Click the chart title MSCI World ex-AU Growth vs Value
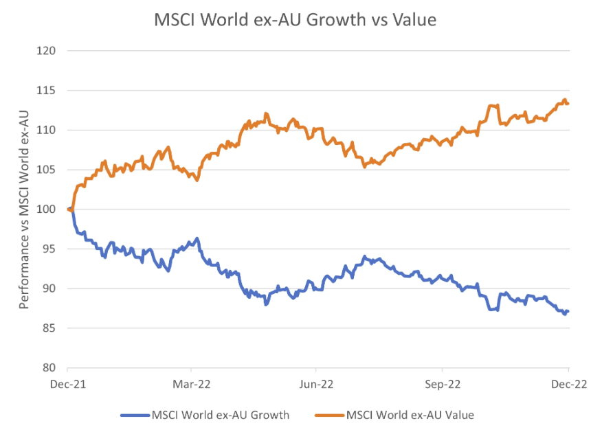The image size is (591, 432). click(x=295, y=21)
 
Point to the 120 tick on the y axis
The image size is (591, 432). click(x=49, y=51)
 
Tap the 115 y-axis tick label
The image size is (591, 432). click(x=49, y=91)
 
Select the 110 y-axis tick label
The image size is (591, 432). click(x=49, y=130)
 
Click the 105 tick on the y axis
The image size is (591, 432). click(x=49, y=170)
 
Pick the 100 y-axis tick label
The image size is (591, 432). click(x=49, y=209)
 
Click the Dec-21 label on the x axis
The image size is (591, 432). click(x=67, y=385)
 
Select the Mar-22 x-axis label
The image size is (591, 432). click(x=192, y=385)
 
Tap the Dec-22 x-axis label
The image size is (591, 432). click(x=568, y=385)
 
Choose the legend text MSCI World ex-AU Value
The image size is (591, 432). click(x=410, y=415)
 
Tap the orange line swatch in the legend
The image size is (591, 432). click(x=328, y=415)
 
